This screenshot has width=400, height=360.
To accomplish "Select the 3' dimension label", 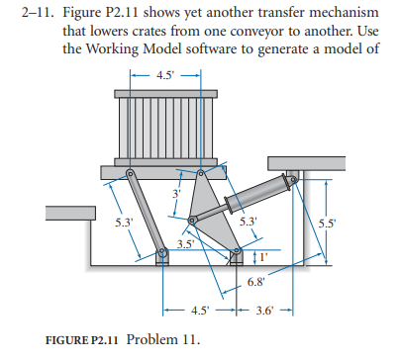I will click(176, 193).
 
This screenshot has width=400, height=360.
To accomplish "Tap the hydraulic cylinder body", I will click(259, 199).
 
